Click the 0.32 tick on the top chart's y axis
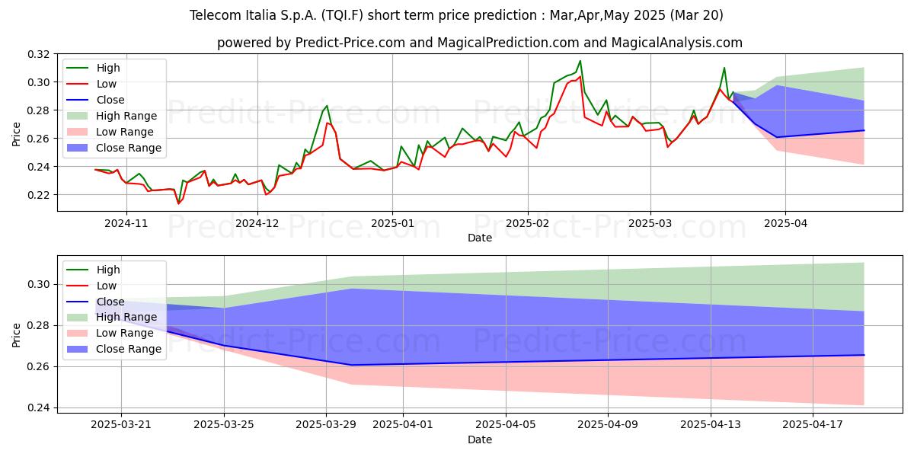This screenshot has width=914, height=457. tap(38, 54)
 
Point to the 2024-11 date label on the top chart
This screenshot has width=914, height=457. tap(126, 224)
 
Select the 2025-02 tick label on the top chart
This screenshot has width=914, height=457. tap(528, 224)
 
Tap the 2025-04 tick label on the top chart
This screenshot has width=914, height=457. tap(785, 224)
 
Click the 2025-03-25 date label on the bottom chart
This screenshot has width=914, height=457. tap(224, 425)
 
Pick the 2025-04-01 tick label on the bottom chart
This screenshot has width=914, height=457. tap(403, 425)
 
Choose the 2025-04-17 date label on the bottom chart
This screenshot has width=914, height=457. tap(813, 425)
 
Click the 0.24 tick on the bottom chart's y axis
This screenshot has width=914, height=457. tap(38, 408)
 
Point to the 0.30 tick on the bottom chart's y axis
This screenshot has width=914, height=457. tap(38, 284)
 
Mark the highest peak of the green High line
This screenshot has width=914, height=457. tap(580, 61)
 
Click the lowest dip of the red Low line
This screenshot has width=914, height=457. tap(178, 203)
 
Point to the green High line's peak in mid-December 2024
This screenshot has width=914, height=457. tap(327, 106)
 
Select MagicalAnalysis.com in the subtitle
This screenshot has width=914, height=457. tap(676, 43)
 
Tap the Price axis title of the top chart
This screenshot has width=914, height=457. tap(16, 134)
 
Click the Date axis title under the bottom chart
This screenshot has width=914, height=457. tap(479, 439)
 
